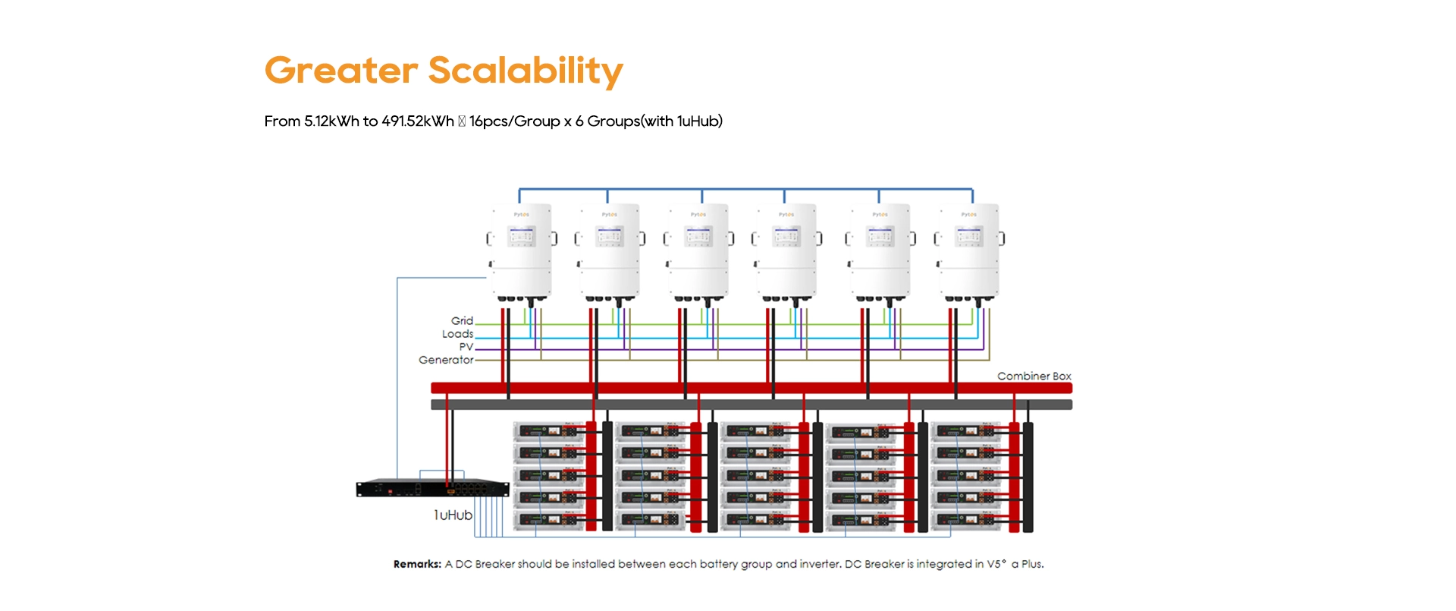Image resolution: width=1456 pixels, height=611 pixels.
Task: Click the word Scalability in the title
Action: coord(525,71)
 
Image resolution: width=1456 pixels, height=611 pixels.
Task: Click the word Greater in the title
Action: coord(340,71)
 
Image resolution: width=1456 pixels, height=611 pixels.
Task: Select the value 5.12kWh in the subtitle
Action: coord(331,121)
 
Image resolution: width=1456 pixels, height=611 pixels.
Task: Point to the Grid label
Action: coord(462,321)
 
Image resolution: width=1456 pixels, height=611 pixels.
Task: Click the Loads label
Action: coord(457,334)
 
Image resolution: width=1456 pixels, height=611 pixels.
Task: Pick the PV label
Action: coord(466,347)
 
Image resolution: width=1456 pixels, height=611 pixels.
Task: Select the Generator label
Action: coord(446,360)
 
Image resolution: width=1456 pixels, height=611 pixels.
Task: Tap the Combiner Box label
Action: coord(1034,376)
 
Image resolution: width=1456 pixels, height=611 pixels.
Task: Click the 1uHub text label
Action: coord(453,515)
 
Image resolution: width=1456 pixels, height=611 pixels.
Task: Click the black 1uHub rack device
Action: coord(432,489)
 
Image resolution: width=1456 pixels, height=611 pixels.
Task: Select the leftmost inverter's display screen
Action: coord(521,237)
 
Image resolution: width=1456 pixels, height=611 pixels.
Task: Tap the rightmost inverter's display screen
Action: coord(968,237)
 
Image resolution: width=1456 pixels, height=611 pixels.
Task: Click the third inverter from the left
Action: coord(698,250)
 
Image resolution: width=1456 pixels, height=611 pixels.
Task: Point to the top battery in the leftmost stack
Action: coord(549,431)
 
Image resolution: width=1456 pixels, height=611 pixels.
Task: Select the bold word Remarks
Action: coord(417,564)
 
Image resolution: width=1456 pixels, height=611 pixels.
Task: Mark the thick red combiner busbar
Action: coord(751,388)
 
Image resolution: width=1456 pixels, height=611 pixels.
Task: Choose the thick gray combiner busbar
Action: coord(751,405)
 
